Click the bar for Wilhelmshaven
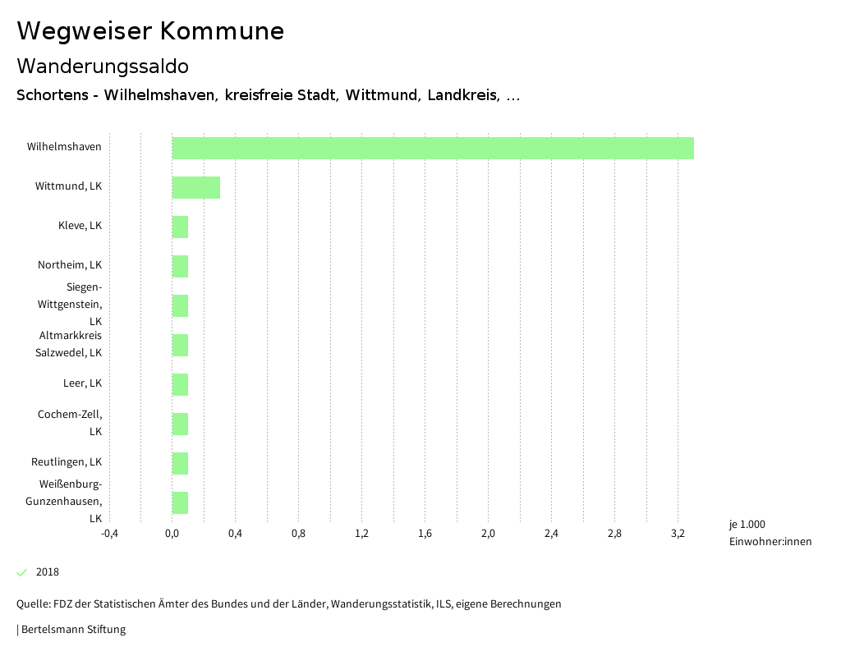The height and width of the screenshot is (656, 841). (433, 148)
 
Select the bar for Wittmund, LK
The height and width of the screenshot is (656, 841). (195, 187)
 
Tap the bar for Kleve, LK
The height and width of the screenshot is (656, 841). (180, 227)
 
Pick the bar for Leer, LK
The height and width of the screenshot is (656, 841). (180, 384)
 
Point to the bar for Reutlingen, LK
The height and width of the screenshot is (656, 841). (180, 463)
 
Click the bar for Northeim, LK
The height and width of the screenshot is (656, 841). (180, 266)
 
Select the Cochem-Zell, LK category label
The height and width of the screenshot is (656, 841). (70, 422)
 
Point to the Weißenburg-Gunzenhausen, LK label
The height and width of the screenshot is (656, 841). (64, 501)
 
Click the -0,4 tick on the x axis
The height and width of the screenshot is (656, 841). (109, 534)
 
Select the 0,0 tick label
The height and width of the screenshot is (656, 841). (172, 534)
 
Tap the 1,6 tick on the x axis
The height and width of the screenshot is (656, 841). (425, 534)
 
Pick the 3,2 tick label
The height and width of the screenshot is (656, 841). (678, 534)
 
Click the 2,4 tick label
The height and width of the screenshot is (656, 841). (551, 534)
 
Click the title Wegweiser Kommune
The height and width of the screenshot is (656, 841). (150, 31)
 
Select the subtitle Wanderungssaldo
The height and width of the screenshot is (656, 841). (103, 66)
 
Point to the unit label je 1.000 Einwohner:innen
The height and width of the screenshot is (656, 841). (770, 533)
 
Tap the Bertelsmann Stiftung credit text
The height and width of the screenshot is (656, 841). (72, 630)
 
